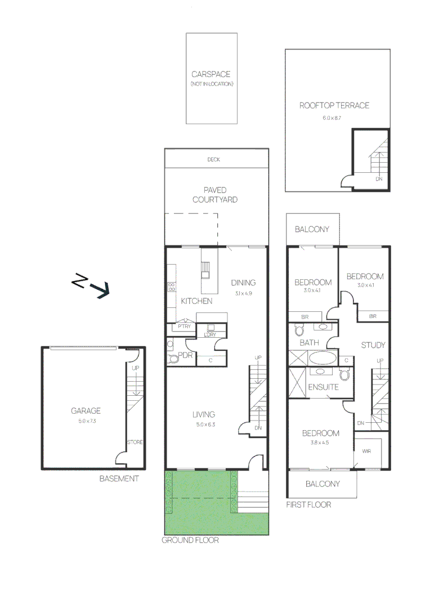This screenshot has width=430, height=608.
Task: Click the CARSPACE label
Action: point(211,74)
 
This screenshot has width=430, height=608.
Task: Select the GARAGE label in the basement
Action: point(86,411)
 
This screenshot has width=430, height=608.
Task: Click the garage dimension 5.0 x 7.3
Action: point(86,421)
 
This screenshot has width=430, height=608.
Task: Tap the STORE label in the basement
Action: point(135,442)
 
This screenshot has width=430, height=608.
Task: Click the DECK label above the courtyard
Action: point(213,160)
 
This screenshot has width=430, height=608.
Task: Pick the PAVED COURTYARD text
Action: point(215,195)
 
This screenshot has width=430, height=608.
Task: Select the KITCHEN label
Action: point(196,301)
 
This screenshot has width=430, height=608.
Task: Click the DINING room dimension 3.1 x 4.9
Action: point(243,293)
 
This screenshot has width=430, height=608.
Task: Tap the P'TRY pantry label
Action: point(183,327)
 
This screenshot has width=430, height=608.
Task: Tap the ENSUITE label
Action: point(323,387)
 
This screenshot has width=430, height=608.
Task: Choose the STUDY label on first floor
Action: point(373,345)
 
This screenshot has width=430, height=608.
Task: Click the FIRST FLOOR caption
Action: point(308,504)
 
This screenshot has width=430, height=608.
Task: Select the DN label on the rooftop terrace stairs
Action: point(379,179)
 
